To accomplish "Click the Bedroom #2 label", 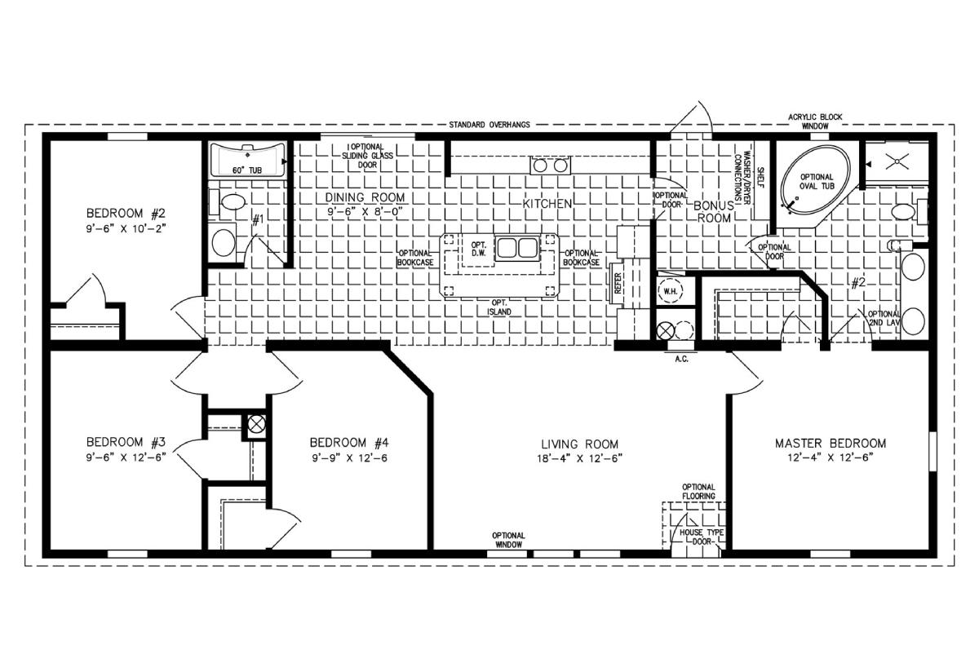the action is pos(126,214).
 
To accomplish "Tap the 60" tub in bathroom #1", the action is pos(247,160).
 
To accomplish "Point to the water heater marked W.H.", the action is pos(670,291).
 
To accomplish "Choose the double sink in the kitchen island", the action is pos(516,248).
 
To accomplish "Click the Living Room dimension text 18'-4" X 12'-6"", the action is pos(579,458).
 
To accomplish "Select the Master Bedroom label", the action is pos(831,444).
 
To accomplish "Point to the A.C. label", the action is pos(681,359).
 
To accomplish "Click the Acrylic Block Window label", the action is pos(815,121).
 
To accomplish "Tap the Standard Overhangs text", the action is pos(489,125).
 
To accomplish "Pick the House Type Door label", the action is pos(702,537).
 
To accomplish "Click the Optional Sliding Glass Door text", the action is pos(367,156).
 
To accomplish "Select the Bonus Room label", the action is pos(714,211).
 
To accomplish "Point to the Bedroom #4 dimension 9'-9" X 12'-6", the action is pos(350,458).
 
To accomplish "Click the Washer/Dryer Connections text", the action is pos(742,176).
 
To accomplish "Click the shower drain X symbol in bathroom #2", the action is pos(897,161).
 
